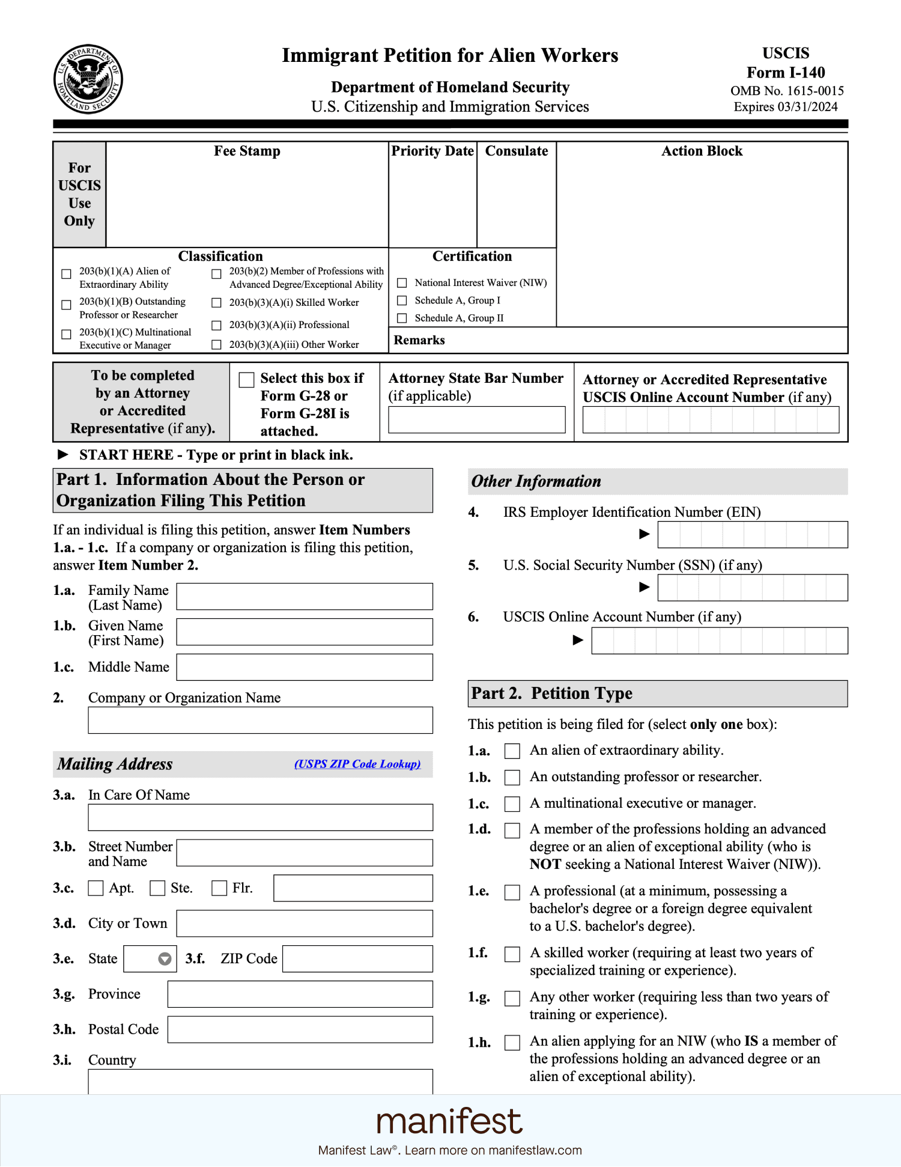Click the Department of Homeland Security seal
pyautogui.click(x=88, y=79)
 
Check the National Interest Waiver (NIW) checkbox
pyautogui.click(x=402, y=282)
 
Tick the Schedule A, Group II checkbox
pyautogui.click(x=402, y=318)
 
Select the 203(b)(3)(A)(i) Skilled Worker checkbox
pyautogui.click(x=217, y=303)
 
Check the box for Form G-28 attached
pyautogui.click(x=246, y=380)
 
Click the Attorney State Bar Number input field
pyautogui.click(x=476, y=419)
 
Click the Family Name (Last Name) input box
pyautogui.click(x=304, y=596)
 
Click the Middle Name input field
pyautogui.click(x=304, y=667)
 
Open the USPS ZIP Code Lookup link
pyautogui.click(x=357, y=764)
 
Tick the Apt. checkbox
pyautogui.click(x=96, y=888)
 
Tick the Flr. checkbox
pyautogui.click(x=219, y=888)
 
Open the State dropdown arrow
pyautogui.click(x=165, y=958)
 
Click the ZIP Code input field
pyautogui.click(x=357, y=958)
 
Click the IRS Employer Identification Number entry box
pyautogui.click(x=752, y=534)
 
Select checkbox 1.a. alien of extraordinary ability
pyautogui.click(x=512, y=751)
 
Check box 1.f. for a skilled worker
pyautogui.click(x=512, y=954)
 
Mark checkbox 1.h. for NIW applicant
pyautogui.click(x=512, y=1042)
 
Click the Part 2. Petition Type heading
pyautogui.click(x=551, y=693)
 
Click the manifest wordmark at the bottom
pyautogui.click(x=449, y=1121)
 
